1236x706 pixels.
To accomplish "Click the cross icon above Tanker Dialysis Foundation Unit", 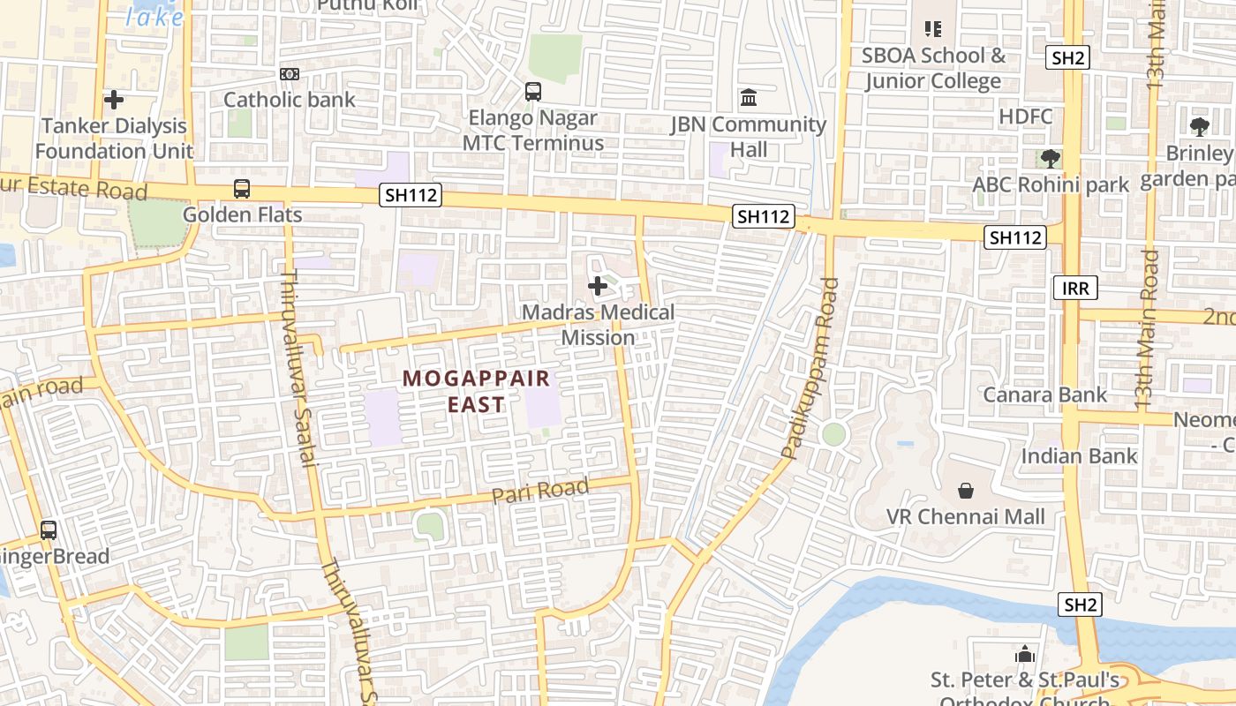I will (x=114, y=101).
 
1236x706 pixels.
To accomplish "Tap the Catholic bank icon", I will (x=290, y=74).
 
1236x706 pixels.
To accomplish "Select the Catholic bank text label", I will (x=290, y=100).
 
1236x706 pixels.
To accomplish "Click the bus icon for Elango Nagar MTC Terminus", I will (x=533, y=91).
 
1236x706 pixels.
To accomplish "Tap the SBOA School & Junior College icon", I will (x=933, y=29).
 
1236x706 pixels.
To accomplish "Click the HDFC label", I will (x=1026, y=116).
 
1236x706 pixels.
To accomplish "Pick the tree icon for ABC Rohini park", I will (x=1050, y=159).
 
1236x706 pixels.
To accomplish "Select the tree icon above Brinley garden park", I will (x=1199, y=127).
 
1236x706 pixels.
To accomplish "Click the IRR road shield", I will (x=1075, y=287).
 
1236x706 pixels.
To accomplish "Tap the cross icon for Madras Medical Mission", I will (x=598, y=286).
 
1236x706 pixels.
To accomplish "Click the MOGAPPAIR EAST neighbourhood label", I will (x=477, y=391).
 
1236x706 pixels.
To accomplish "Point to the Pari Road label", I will (x=540, y=492).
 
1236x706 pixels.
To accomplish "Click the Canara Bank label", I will (x=1045, y=394).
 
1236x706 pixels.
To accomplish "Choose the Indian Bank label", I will (x=1080, y=456).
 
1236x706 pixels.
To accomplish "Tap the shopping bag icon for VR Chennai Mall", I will (x=966, y=491).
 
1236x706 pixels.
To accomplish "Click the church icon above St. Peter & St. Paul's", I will (x=1025, y=654).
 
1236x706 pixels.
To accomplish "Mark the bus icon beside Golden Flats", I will (x=242, y=189).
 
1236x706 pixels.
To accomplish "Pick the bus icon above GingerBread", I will (x=49, y=530).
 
